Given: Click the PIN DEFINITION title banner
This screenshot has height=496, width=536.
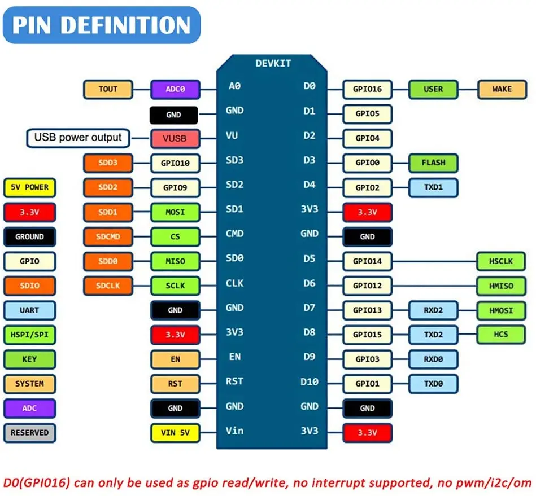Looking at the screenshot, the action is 102,25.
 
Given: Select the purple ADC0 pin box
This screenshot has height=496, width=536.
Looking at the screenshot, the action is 175,89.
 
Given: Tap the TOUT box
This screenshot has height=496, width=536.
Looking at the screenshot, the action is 108,89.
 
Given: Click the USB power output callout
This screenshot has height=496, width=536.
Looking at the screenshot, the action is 78,137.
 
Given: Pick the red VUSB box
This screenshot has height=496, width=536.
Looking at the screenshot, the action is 175,138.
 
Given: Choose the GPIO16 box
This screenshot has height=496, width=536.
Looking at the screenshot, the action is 367,89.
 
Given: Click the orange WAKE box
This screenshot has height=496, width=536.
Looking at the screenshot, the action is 502,89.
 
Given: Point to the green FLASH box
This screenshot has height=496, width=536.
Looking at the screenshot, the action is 433,163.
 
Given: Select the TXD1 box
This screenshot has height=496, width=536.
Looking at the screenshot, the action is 433,187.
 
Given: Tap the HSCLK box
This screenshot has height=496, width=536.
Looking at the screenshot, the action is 502,261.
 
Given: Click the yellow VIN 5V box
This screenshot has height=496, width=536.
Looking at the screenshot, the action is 175,433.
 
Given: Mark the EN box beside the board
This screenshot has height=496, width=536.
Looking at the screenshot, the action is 175,359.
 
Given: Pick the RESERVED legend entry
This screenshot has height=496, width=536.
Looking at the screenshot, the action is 29,433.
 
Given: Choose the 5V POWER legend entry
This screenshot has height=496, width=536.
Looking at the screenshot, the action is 29,187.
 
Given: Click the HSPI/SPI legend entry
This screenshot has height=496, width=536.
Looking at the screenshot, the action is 29,335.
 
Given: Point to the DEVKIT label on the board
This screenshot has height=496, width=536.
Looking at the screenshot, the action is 273,63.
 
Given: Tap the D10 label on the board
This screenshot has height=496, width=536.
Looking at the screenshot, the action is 310,382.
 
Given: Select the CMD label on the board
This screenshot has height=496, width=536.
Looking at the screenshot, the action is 234,234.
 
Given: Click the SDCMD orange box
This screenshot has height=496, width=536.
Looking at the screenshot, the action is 108,236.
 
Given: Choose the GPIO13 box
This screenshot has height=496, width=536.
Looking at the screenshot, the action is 367,310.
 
